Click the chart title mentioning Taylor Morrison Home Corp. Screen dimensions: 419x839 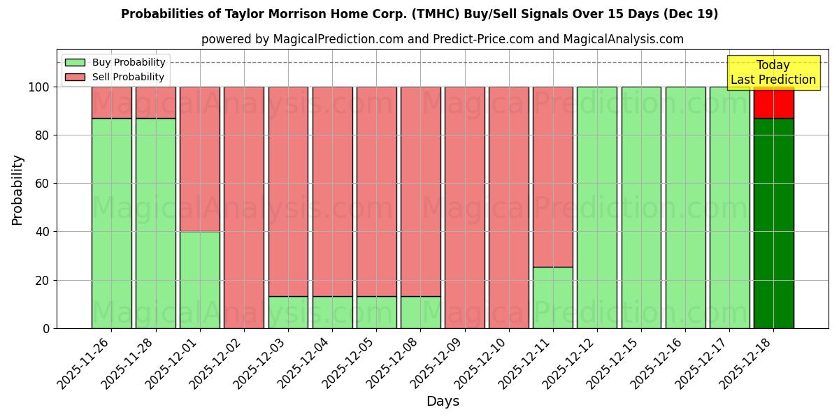tap(419, 14)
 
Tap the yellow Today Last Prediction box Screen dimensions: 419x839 tap(773, 73)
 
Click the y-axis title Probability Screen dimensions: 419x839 tap(17, 189)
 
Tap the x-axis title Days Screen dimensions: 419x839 tap(443, 402)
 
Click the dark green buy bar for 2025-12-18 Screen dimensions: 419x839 tap(773, 223)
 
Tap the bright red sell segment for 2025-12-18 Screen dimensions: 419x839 tap(773, 103)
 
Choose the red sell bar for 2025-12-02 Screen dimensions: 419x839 tap(244, 207)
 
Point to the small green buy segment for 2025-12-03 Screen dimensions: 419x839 tap(288, 312)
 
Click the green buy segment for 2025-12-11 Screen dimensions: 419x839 tap(553, 297)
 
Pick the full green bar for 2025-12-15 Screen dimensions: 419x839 tap(641, 207)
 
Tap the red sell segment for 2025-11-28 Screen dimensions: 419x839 tap(156, 103)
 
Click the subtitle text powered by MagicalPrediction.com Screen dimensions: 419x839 tap(443, 39)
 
